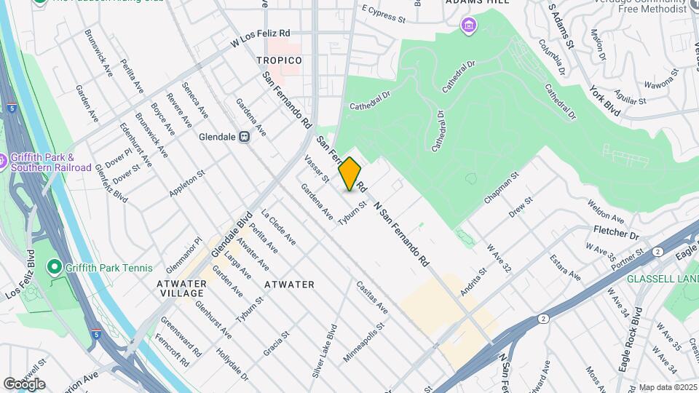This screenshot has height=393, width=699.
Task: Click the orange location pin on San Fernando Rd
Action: point(350,174)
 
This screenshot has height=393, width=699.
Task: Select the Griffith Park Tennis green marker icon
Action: point(54,267)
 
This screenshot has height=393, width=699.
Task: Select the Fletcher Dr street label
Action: point(613,236)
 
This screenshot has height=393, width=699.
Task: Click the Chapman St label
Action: point(499,188)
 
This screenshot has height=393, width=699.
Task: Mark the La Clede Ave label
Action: point(278,227)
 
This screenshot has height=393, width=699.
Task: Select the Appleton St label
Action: point(187,184)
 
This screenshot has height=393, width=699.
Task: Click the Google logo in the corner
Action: point(24,384)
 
